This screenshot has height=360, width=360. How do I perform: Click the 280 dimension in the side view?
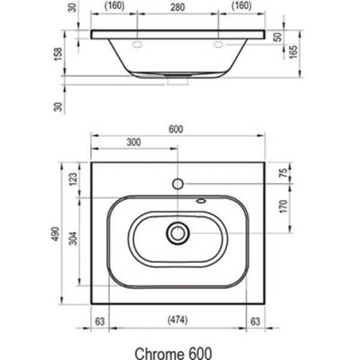(178, 8)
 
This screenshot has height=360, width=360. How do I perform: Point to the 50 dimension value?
(277, 37)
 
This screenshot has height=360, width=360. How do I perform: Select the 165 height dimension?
(293, 52)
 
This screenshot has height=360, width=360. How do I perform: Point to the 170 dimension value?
(284, 207)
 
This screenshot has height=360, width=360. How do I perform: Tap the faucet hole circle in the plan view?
(178, 184)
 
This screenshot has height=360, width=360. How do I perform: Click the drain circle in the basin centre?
(178, 233)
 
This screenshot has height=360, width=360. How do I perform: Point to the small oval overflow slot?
(201, 202)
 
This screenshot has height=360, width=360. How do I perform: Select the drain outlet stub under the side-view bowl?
(178, 80)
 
